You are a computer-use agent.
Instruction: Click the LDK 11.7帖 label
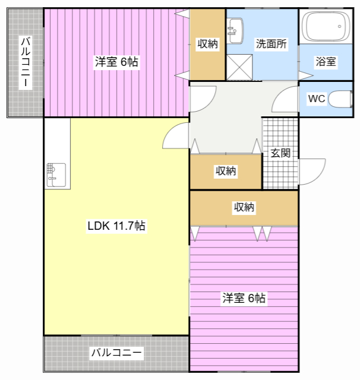click(116, 226)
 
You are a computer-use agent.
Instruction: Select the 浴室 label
click(326, 61)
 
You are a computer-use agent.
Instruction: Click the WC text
click(316, 99)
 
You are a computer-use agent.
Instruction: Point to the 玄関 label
click(280, 153)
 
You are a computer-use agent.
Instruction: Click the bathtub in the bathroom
click(324, 27)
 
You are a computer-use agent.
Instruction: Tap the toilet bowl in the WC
click(341, 99)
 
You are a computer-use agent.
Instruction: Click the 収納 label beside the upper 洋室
click(207, 43)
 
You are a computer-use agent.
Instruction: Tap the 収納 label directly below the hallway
click(226, 171)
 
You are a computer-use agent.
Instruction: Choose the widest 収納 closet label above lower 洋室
click(244, 207)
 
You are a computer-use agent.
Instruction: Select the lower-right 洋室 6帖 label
click(244, 298)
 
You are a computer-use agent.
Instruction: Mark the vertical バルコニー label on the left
click(26, 62)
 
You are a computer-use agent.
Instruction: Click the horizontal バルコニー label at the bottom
click(116, 353)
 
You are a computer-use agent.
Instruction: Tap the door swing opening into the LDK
click(175, 138)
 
